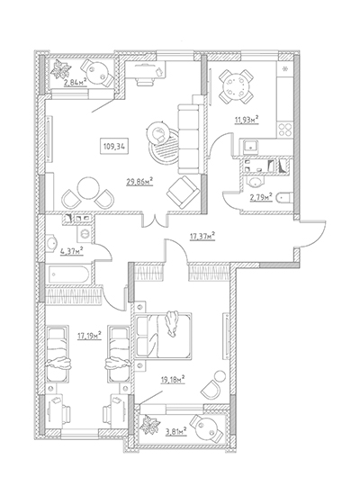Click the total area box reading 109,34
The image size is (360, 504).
click(x=114, y=148)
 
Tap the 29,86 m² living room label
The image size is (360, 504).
click(x=139, y=183)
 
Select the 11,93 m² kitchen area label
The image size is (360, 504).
click(x=247, y=121)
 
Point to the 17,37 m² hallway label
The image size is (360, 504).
click(x=202, y=238)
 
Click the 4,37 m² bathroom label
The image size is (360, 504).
click(x=72, y=251)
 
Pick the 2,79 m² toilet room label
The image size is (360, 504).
click(x=261, y=197)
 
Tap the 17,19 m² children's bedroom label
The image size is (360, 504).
click(x=89, y=336)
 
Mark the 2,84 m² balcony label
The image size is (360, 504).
click(x=76, y=82)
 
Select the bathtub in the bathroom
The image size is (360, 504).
click(x=68, y=274)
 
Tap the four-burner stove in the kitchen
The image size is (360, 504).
click(x=284, y=130)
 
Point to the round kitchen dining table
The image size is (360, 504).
click(x=236, y=85)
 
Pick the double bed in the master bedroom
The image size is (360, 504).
click(x=164, y=335)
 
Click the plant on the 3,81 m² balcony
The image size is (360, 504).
click(x=149, y=426)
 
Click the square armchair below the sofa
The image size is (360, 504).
click(x=183, y=193)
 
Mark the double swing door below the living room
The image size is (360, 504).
click(x=156, y=220)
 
